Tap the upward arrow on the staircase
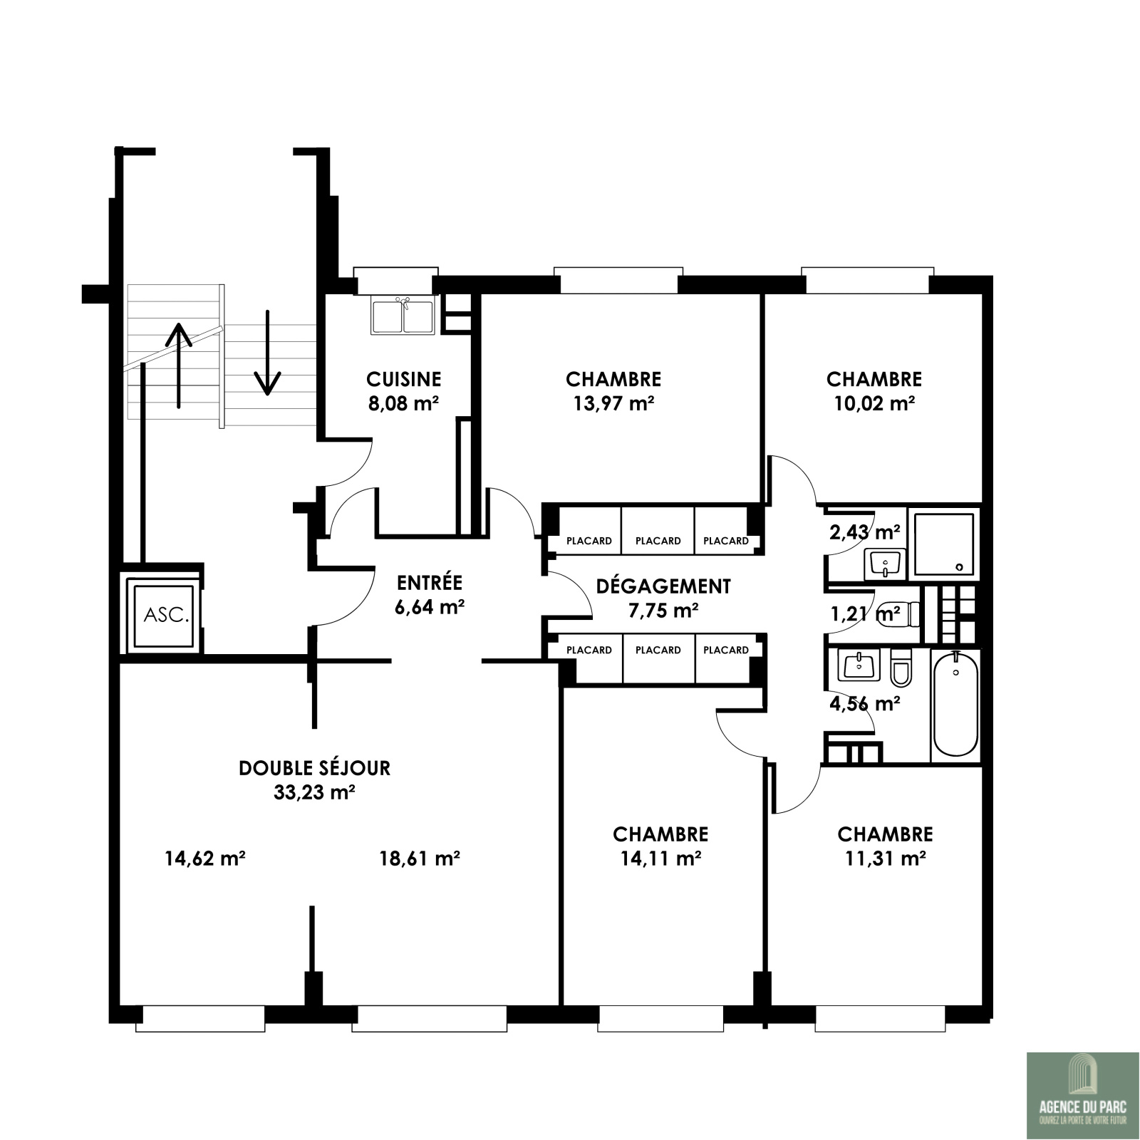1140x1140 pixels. coord(178,365)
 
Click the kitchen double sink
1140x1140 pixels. coord(403,316)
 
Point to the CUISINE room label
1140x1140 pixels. coord(404,379)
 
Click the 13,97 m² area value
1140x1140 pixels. coord(613,403)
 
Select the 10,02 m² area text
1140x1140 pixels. coord(874,403)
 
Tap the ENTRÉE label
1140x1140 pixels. coord(430,583)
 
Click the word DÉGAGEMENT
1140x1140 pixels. coord(663,586)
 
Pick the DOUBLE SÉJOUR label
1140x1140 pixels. coord(315,768)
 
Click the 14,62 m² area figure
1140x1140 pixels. coord(205,858)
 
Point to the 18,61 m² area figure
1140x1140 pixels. coord(420,858)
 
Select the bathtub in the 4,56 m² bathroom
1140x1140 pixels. coord(955,705)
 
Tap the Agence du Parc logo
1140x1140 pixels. coord(1083,1095)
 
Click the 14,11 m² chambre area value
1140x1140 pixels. coord(660,858)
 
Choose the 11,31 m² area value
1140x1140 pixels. coord(886,858)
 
